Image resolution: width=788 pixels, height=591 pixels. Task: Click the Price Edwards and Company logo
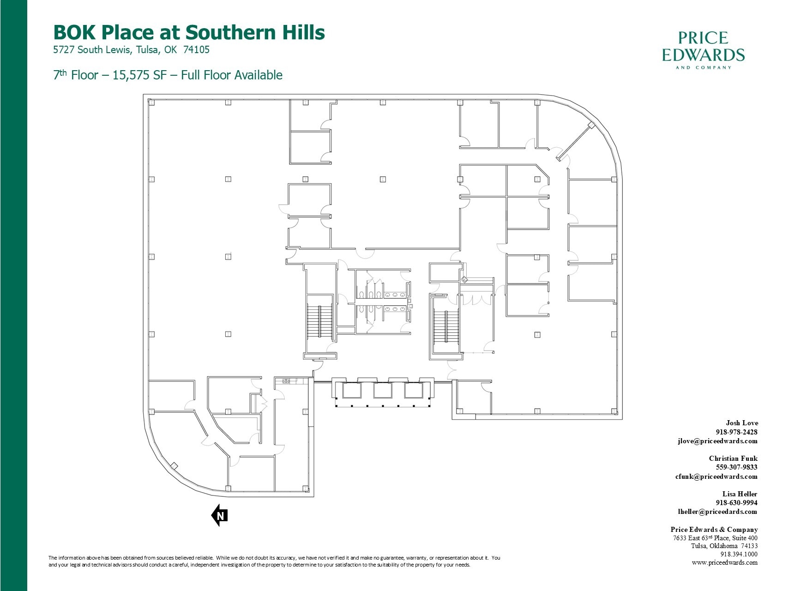click(x=703, y=50)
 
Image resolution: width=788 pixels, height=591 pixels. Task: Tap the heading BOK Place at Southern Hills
click(x=189, y=32)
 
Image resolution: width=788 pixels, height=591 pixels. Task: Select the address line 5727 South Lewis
click(x=131, y=50)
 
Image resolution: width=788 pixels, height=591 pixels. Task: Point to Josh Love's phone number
click(x=736, y=432)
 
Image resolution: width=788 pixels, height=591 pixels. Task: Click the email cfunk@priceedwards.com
click(x=716, y=476)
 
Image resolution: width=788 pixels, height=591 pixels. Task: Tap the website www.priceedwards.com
click(x=724, y=562)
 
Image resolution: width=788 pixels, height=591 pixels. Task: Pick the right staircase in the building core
click(x=446, y=326)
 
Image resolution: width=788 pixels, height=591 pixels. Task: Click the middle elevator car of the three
click(x=382, y=391)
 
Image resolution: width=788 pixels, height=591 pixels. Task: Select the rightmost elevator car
click(x=414, y=391)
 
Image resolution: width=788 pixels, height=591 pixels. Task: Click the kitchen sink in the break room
click(x=286, y=381)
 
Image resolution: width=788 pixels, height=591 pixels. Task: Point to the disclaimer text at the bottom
click(x=274, y=561)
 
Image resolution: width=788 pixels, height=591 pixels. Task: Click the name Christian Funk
click(x=733, y=458)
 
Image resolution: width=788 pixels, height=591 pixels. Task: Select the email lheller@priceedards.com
click(x=717, y=512)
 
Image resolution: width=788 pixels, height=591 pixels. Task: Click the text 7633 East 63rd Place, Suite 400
click(x=715, y=538)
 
